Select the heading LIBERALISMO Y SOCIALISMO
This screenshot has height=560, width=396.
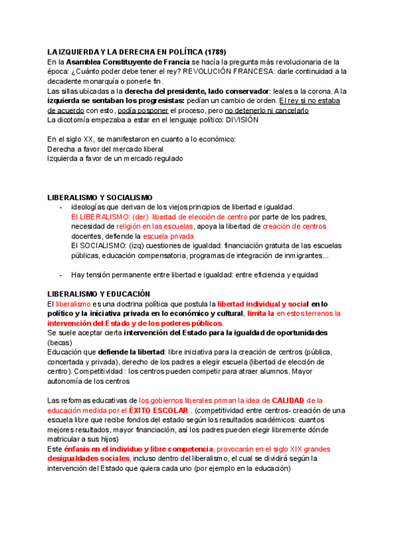pos(100,197)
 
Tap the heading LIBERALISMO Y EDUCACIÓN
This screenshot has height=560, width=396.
pos(99,294)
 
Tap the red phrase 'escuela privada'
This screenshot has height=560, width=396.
pos(168,236)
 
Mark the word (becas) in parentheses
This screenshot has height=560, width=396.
pos(59,342)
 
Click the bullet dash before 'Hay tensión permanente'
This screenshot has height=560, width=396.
pos(61,274)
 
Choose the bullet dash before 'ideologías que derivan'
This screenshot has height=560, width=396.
pos(61,207)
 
